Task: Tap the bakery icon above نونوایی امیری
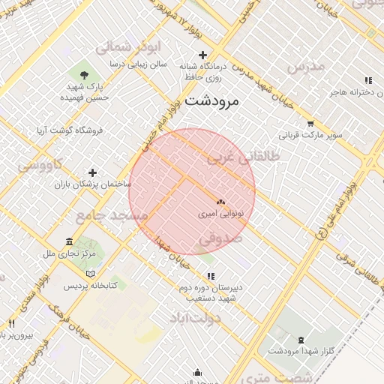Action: point(220,202)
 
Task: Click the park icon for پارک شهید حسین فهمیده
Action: point(84,74)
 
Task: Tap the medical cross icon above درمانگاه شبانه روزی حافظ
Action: point(202,55)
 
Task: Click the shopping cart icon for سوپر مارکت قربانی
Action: point(310,124)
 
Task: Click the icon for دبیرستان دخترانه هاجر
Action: point(367,80)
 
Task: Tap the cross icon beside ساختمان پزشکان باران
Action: point(92,172)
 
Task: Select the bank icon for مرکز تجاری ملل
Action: point(69,242)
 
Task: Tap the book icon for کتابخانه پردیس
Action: point(90,274)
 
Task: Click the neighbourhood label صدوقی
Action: point(220,238)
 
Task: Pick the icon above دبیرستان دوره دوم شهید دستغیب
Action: point(211,276)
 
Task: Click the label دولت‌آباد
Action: point(195,318)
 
